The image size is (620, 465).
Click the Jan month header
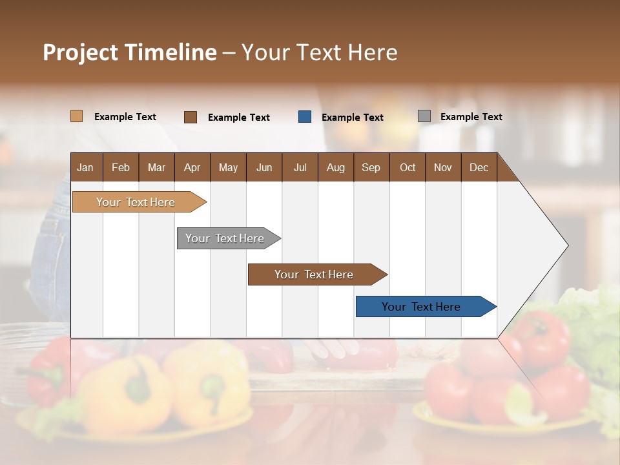(x=85, y=167)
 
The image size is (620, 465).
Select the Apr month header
(x=192, y=167)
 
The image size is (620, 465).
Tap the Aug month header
(x=335, y=167)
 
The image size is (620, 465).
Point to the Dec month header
(x=479, y=167)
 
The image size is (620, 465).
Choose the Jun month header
(x=263, y=167)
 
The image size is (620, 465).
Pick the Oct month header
(x=407, y=167)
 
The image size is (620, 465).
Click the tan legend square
(x=76, y=116)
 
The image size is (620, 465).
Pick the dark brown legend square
(x=190, y=117)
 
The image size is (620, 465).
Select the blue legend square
(x=305, y=117)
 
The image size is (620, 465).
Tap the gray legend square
(x=424, y=116)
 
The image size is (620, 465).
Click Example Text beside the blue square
(x=352, y=118)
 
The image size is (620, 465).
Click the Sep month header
(x=371, y=167)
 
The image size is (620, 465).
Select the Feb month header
(x=120, y=167)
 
